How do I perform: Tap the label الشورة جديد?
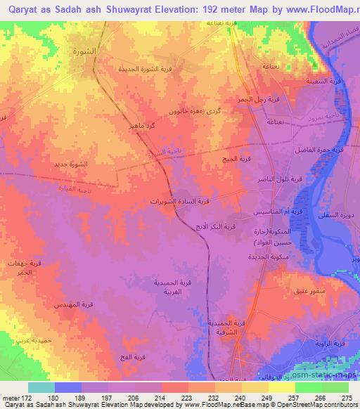[71, 164]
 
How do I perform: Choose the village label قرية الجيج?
[237, 159]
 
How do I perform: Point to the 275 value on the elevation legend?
[346, 397]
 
